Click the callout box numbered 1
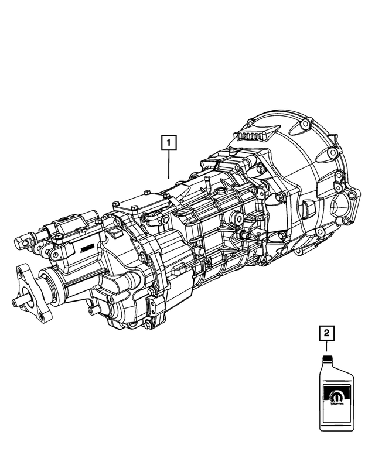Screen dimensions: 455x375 pyautogui.click(x=169, y=142)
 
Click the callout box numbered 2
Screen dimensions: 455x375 pyautogui.click(x=327, y=334)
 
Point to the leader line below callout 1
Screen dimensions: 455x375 pyautogui.click(x=169, y=164)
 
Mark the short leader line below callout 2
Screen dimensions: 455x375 pyautogui.click(x=327, y=347)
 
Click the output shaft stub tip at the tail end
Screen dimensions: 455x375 pyautogui.click(x=16, y=302)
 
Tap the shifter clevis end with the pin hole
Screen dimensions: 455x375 pyautogui.click(x=25, y=240)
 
